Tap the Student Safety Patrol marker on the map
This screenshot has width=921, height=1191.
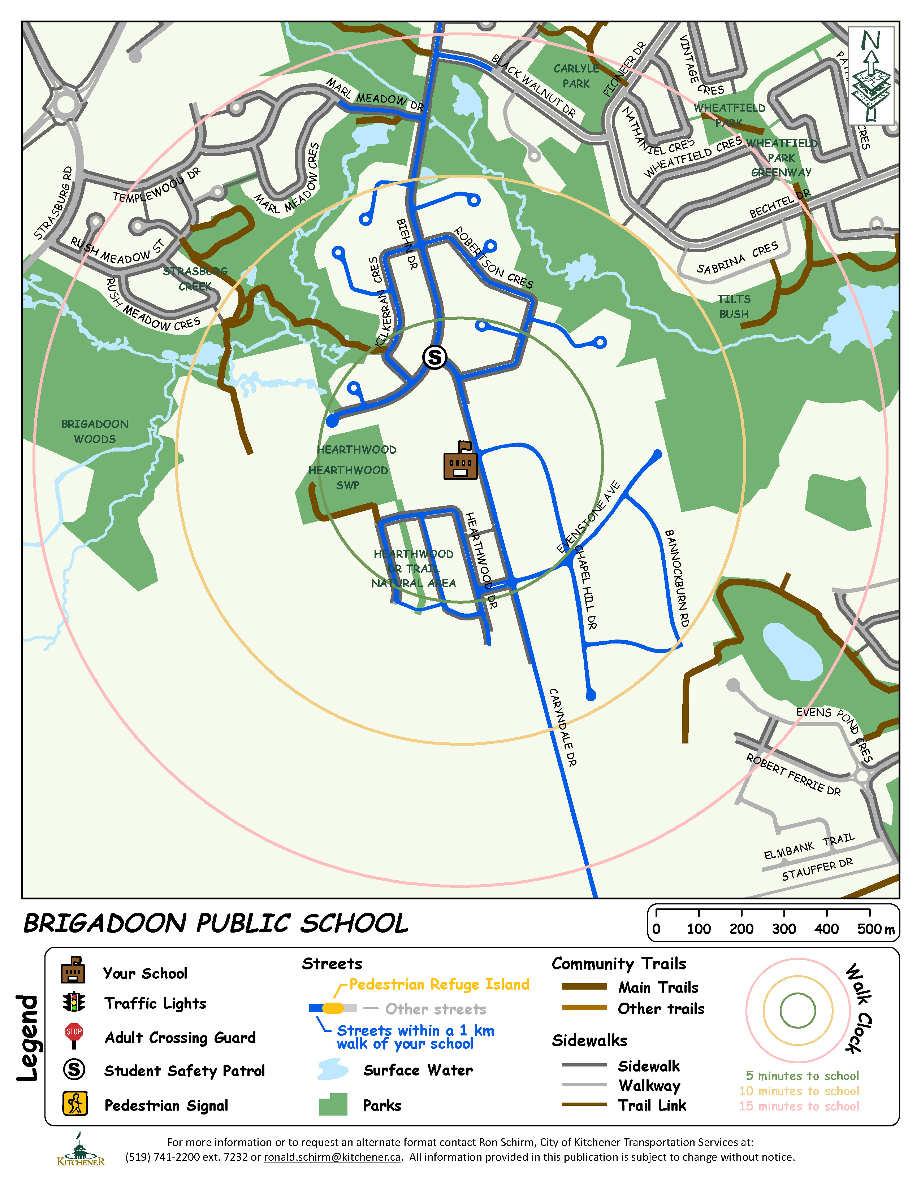[435, 358]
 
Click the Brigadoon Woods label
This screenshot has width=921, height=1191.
[95, 431]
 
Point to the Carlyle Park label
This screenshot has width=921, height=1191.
[576, 76]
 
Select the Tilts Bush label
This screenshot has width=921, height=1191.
[734, 306]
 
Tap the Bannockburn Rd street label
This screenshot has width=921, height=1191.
[676, 578]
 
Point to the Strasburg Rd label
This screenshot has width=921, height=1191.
[53, 203]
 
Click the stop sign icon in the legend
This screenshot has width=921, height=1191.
[74, 1035]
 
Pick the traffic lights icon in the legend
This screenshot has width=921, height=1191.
[74, 1002]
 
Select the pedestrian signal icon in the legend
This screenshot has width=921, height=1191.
[75, 1104]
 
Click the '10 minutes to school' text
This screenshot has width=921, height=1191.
[799, 1091]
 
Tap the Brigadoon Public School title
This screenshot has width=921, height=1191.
[216, 923]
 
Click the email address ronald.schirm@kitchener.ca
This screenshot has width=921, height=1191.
[332, 1157]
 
